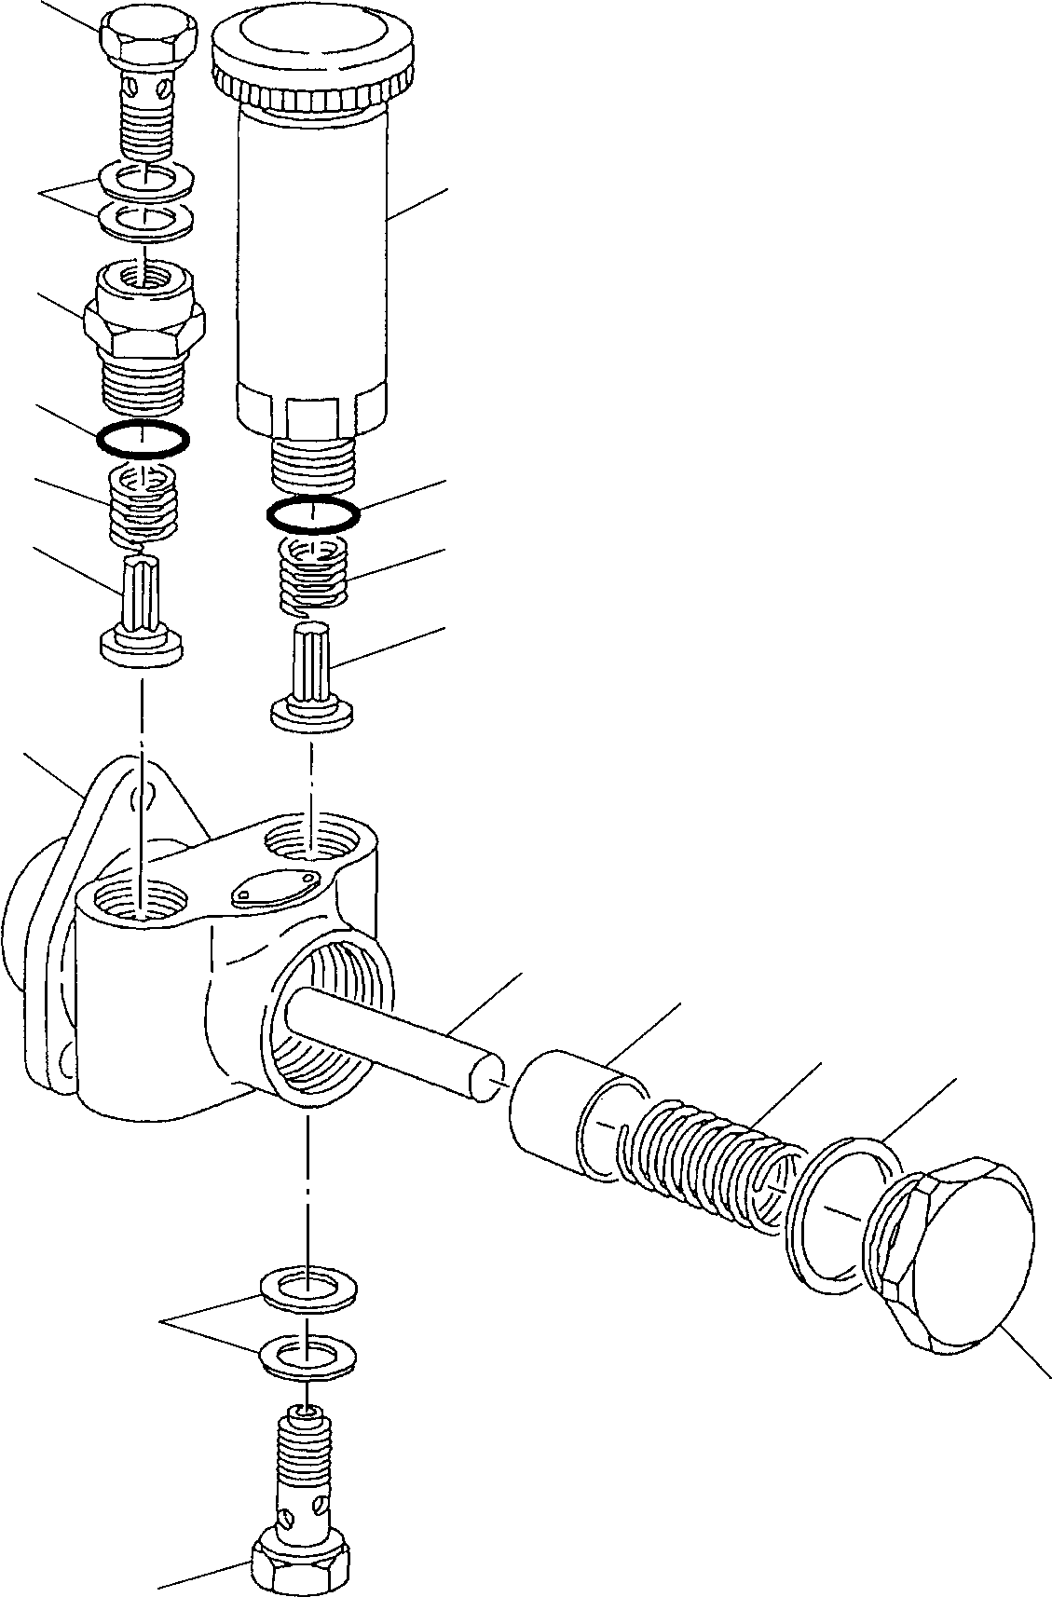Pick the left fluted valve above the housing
(x=141, y=619)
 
